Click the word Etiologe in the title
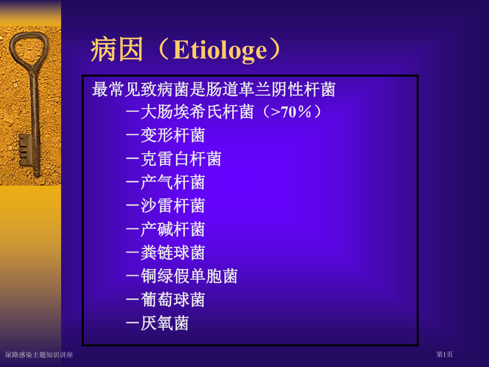[220, 51]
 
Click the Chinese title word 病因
[117, 49]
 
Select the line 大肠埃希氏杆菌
[197, 112]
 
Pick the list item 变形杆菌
[173, 136]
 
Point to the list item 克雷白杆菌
[181, 159]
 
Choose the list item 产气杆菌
[173, 182]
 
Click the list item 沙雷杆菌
[173, 206]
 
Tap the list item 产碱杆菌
[173, 229]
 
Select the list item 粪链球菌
[173, 253]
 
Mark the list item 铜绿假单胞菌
[189, 276]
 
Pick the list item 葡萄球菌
[173, 299]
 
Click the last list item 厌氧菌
[165, 323]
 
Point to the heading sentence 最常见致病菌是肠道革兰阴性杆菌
[214, 89]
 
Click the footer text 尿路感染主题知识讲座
[39, 355]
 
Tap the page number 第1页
[444, 354]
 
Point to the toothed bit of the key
[26, 151]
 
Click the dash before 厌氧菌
[132, 323]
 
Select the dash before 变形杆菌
[132, 136]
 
